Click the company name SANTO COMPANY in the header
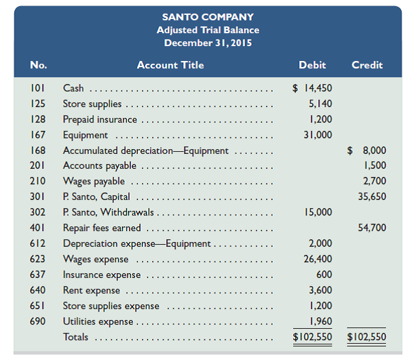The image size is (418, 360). (x=208, y=16)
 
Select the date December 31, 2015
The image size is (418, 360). (x=208, y=43)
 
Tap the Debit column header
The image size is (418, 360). (x=312, y=65)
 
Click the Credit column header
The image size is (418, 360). (x=366, y=65)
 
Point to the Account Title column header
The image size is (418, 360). (x=170, y=65)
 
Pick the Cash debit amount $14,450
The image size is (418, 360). (x=312, y=88)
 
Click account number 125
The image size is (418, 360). (x=39, y=104)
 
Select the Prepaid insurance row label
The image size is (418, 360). (x=100, y=119)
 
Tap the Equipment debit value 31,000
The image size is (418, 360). (x=318, y=135)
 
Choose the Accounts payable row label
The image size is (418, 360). (x=100, y=165)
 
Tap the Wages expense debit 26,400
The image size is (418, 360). (x=318, y=259)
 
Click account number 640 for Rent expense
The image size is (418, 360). (x=39, y=290)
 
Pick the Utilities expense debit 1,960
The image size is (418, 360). (x=320, y=321)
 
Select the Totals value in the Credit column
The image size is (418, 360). (x=366, y=337)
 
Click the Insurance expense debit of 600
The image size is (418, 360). (x=324, y=275)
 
